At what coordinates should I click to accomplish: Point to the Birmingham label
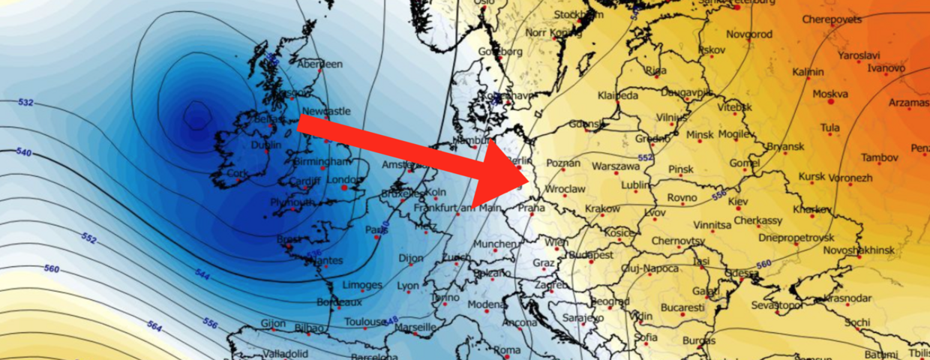point(322,161)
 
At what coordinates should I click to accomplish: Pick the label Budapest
point(593,255)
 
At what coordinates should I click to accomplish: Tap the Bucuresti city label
point(682,307)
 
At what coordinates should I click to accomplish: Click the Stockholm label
point(578,15)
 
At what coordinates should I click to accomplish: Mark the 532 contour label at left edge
point(25,102)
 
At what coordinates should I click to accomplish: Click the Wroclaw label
point(566,190)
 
